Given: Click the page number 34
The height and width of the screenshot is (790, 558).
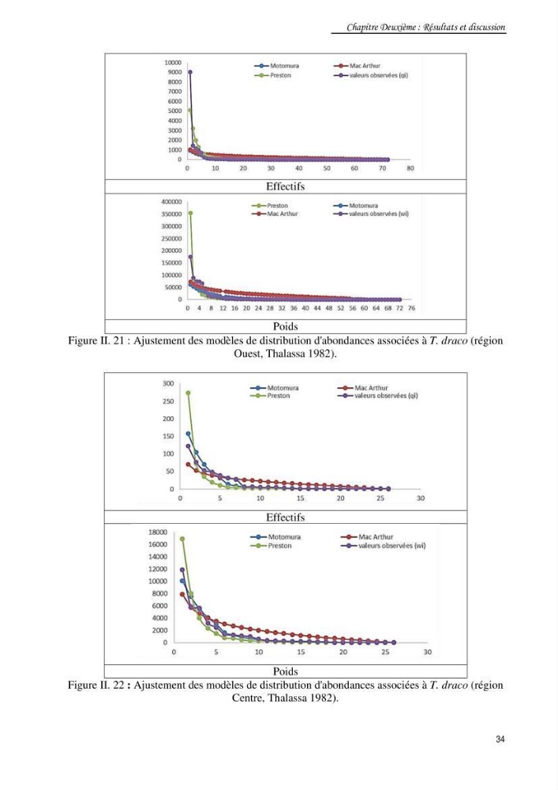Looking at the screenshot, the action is (500, 739).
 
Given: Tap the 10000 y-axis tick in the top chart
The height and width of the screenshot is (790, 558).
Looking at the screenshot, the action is (173, 62).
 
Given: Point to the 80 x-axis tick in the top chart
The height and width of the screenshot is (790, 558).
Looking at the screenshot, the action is (410, 168).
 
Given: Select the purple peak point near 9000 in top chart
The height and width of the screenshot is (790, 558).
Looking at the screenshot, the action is (190, 72).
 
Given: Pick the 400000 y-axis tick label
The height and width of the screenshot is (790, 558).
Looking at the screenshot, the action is (171, 201).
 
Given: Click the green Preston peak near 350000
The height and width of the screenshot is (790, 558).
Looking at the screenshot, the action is (190, 213).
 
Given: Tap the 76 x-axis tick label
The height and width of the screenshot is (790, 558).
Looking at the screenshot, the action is (411, 308).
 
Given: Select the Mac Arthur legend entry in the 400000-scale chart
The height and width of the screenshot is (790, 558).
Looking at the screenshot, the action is (275, 213).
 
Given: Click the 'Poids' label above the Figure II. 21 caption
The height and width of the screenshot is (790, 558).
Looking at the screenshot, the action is (285, 326).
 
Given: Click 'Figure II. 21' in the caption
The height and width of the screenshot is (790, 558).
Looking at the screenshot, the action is (96, 340).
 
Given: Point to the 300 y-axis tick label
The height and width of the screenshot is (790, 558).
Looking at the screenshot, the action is (168, 383).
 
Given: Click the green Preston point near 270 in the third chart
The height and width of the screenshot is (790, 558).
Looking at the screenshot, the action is (188, 393).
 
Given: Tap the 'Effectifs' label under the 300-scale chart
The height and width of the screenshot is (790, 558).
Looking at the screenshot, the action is (285, 517).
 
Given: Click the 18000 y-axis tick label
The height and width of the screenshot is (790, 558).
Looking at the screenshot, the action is (158, 532).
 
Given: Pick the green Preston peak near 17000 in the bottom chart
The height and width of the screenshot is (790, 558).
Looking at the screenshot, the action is (182, 539).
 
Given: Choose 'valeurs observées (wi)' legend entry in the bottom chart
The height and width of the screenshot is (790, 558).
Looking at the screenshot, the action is (384, 546).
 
